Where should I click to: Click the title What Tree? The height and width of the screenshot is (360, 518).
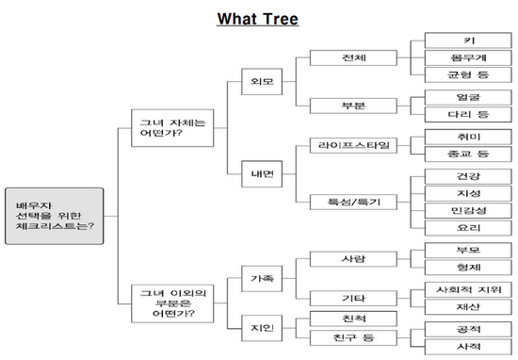[x=257, y=17]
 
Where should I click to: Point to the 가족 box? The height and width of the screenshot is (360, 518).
[x=261, y=280]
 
